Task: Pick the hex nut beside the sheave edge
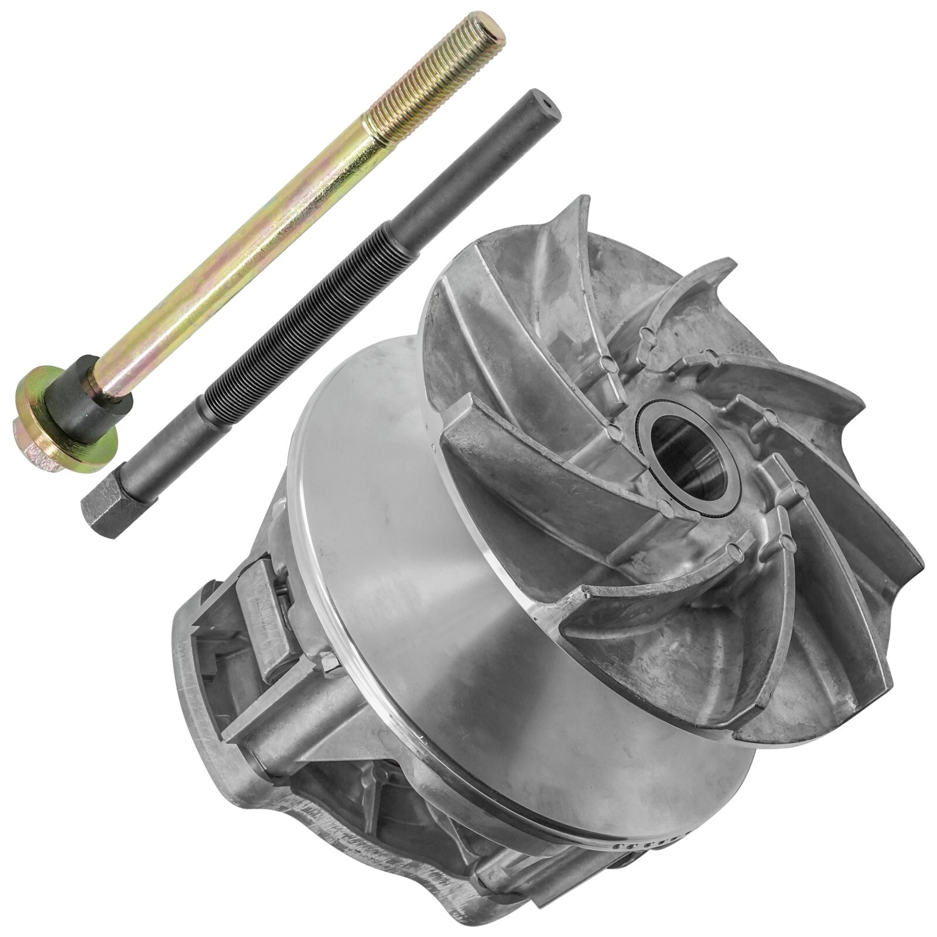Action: point(330,665)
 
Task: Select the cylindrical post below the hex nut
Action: point(293,720)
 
